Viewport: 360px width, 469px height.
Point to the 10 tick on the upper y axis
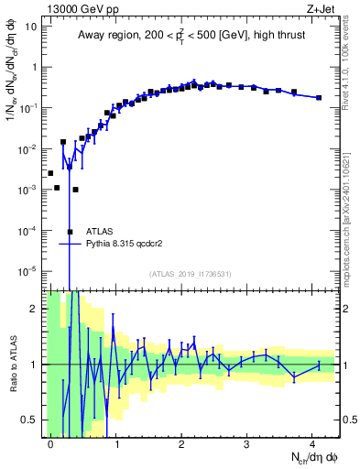click(31, 26)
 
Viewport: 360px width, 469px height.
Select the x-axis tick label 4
click(312, 442)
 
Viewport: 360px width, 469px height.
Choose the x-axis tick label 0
click(50, 442)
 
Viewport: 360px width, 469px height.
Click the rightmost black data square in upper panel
click(319, 97)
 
